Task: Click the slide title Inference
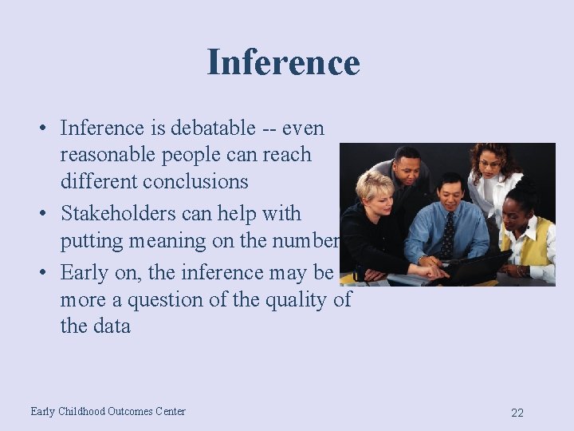coord(283,62)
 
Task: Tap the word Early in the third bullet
coord(85,273)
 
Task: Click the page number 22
coord(517,413)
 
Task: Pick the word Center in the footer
coord(171,412)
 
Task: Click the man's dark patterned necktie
coord(448,235)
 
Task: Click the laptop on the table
coord(474,268)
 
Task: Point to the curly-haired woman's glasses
coord(489,164)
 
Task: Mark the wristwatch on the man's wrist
coord(421,259)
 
